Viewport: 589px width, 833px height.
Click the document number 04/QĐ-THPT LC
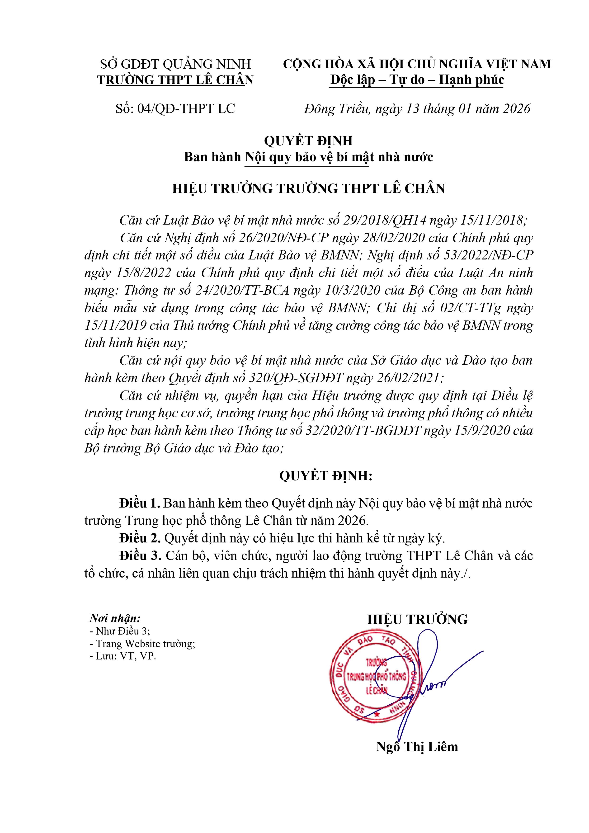point(186,108)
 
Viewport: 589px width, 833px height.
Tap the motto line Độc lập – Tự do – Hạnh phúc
point(417,80)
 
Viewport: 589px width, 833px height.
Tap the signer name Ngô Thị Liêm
point(417,747)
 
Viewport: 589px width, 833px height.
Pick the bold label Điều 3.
point(140,555)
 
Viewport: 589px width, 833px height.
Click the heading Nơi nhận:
point(115,618)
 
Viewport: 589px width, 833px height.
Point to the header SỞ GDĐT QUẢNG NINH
point(175,64)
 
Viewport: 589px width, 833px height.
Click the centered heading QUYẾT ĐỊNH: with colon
point(325,476)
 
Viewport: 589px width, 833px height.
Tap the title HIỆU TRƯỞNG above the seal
point(417,619)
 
